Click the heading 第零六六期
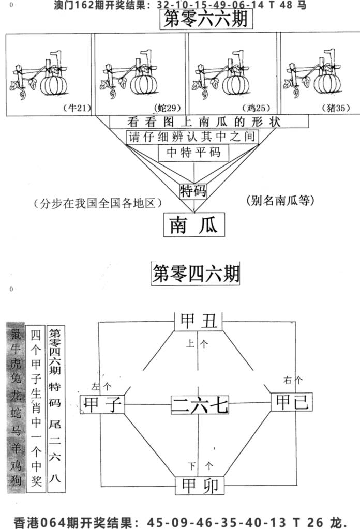206,19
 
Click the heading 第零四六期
196,273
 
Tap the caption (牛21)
77,108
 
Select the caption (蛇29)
168,108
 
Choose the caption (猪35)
336,108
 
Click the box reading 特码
193,191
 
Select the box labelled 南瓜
194,225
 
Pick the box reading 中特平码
193,153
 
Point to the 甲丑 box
199,321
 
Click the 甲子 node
102,404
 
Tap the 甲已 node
292,402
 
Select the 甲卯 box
200,486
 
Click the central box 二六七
200,404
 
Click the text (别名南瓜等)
280,201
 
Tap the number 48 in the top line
286,5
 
